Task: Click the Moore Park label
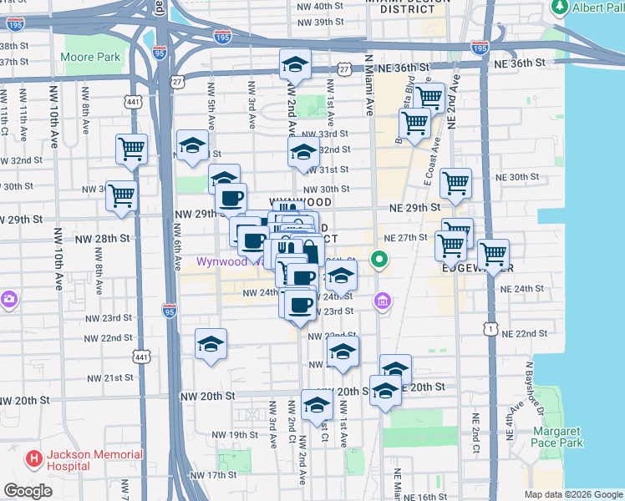pos(90,59)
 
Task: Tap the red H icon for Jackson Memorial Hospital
pos(33,458)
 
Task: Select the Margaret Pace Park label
pos(558,437)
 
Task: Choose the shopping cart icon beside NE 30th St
pos(455,183)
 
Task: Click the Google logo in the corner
pos(28,491)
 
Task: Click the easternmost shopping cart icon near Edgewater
pos(493,253)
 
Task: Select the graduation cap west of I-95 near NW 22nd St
pos(211,343)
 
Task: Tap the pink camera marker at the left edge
pos(8,298)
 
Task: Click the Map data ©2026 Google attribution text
pos(572,494)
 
